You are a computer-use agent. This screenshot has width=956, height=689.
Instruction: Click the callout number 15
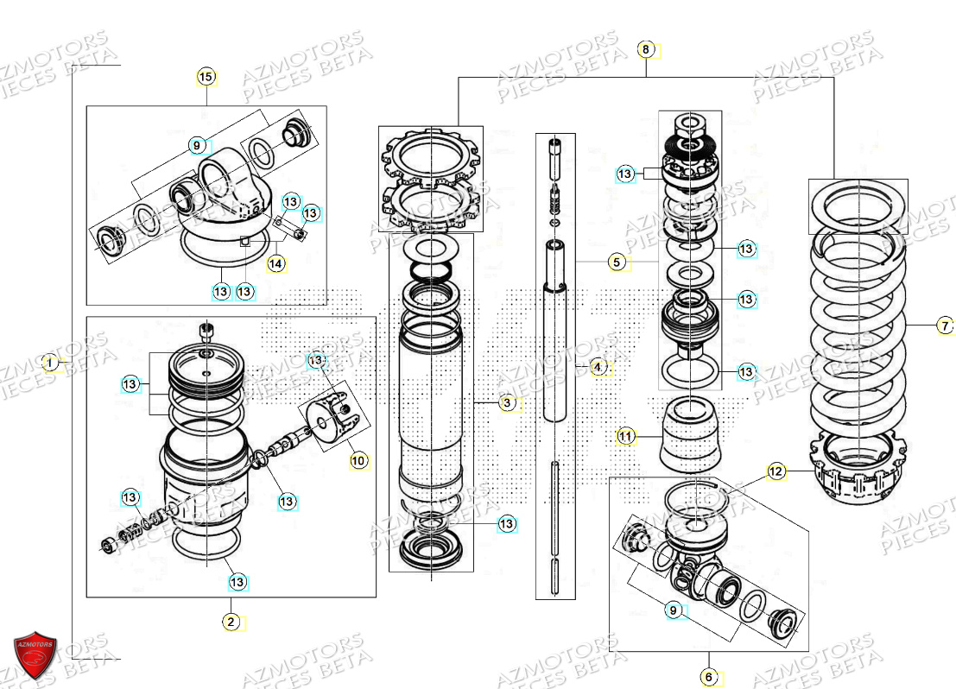pos(206,78)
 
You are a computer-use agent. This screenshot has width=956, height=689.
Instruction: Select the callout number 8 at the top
pos(646,50)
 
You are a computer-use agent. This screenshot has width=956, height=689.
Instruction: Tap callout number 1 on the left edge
pos(51,363)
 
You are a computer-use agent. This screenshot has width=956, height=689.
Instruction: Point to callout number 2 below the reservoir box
pos(231,622)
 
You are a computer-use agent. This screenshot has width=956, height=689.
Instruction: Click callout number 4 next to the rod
pos(598,368)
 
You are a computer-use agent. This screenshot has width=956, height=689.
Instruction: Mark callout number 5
pos(616,262)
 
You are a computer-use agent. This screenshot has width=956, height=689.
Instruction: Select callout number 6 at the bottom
pos(709,677)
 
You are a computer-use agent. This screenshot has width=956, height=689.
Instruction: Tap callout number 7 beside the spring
pos(945,326)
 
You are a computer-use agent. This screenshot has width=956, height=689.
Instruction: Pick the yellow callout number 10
pos(358,461)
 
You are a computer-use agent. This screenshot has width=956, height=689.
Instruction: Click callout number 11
pos(627,437)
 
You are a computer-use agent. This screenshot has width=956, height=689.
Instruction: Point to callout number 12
pos(776,471)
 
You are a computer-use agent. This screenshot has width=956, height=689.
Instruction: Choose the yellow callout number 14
pos(275,263)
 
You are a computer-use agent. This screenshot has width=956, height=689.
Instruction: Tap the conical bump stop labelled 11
pos(690,437)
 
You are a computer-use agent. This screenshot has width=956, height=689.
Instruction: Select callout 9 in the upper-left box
pos(197,145)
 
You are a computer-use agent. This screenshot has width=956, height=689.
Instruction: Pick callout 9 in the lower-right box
pos(674,611)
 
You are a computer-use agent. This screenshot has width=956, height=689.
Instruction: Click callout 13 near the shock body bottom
pos(507,524)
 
